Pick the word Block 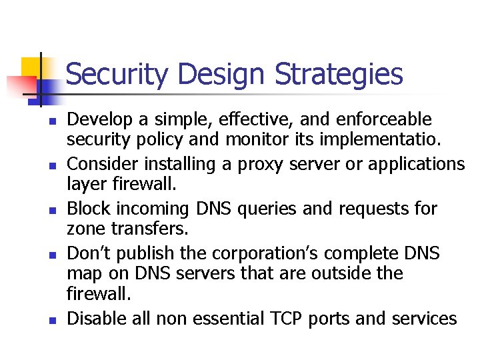click(90, 209)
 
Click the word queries click(261, 209)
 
